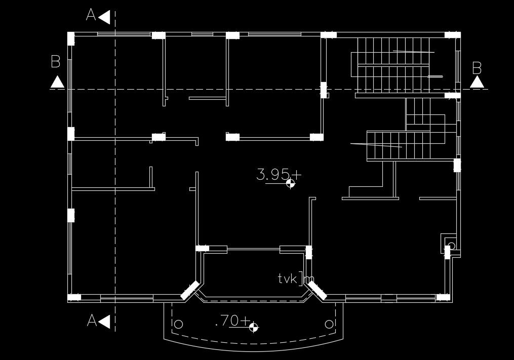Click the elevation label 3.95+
click(x=279, y=175)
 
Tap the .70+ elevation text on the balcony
click(x=232, y=321)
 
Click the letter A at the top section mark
click(x=91, y=16)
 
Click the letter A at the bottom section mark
click(x=92, y=321)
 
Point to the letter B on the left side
click(x=56, y=62)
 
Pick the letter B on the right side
click(x=477, y=68)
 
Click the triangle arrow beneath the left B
click(x=57, y=82)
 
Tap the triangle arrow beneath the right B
click(x=477, y=82)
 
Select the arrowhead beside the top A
click(x=105, y=17)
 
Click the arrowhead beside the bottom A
click(x=105, y=321)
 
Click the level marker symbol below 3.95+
click(x=291, y=183)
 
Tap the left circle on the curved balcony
click(x=178, y=324)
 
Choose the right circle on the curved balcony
click(x=329, y=324)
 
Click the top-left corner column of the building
click(x=71, y=38)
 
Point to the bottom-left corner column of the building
click(x=74, y=297)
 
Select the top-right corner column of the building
click(x=452, y=35)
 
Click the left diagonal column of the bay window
click(x=190, y=289)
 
